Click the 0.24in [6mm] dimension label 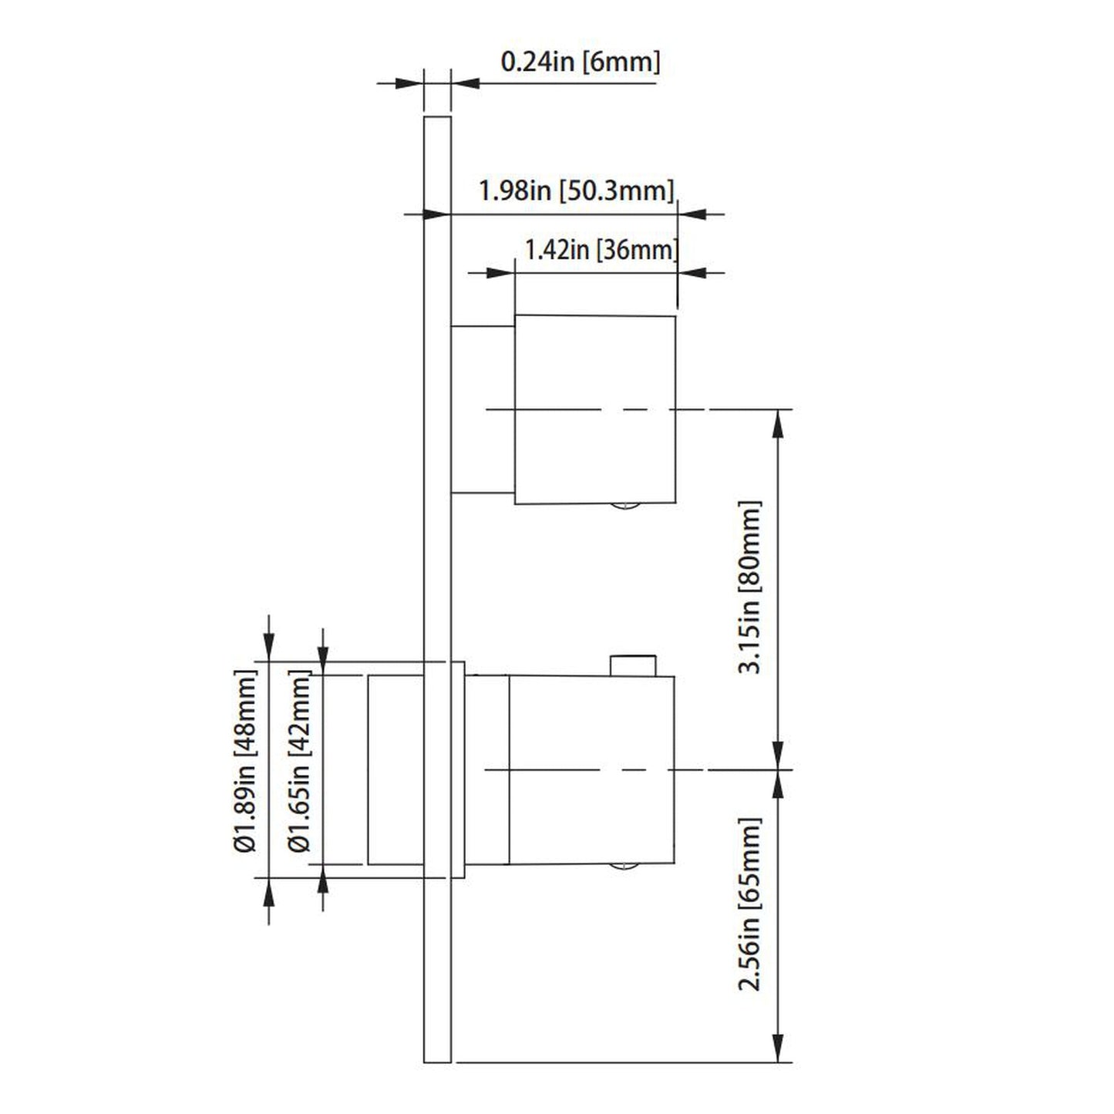(580, 62)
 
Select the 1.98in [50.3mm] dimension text (576, 190)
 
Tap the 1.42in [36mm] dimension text (601, 250)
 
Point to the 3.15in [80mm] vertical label (749, 587)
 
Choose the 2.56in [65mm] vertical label (749, 904)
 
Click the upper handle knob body (594, 409)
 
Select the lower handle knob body (591, 769)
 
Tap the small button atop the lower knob (632, 665)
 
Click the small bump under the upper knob (624, 507)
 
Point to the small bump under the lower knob (624, 867)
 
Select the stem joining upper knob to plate (483, 409)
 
